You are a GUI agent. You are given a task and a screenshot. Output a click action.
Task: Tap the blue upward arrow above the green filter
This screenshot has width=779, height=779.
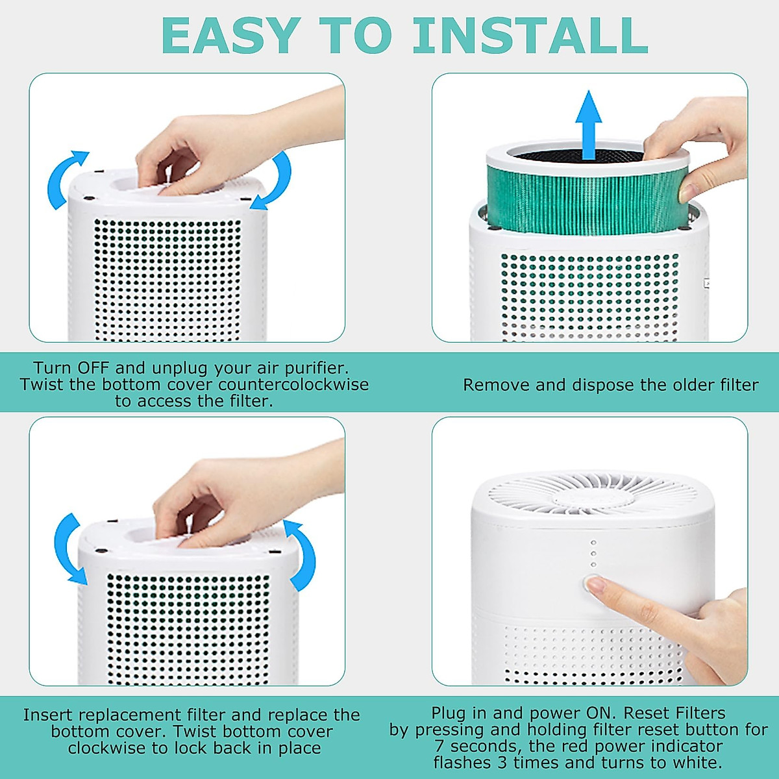coord(588,123)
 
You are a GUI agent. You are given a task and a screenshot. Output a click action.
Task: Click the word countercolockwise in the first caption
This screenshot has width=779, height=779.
coord(293,384)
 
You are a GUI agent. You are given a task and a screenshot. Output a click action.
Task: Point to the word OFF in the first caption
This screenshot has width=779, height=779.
coord(93,368)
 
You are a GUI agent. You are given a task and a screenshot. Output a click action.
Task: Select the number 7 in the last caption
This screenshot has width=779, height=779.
coord(439,746)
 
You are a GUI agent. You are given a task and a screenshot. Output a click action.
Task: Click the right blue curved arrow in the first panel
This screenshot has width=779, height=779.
coord(276,182)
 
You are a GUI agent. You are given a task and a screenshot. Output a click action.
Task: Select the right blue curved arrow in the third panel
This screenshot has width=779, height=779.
coord(302,555)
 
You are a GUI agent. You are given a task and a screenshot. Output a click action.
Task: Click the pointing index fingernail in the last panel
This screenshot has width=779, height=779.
coord(595,585)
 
